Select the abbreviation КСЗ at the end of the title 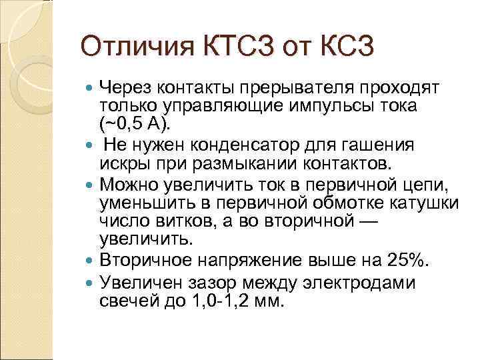tap(343, 48)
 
